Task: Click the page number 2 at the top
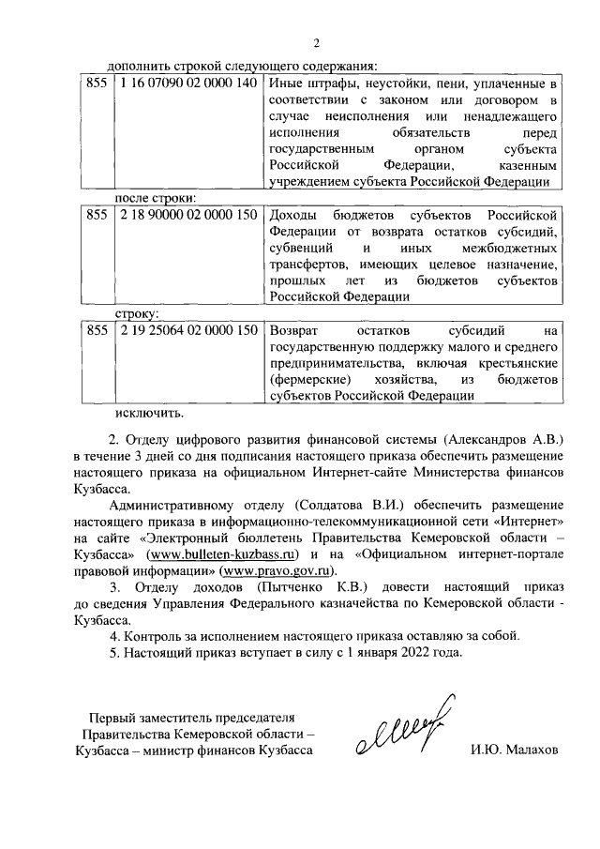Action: (317, 44)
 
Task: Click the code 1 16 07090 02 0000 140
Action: (187, 83)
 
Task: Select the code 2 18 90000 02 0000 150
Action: (187, 216)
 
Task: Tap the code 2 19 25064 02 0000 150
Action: (187, 331)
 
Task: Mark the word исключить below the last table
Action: (150, 410)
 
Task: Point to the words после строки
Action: (156, 199)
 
